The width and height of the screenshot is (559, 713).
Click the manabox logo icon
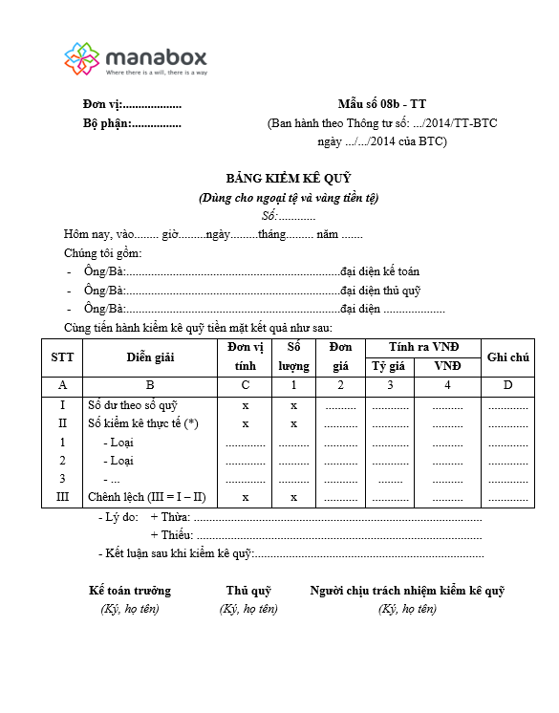coord(82,58)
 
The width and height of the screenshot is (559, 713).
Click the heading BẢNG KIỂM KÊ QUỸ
coord(289,179)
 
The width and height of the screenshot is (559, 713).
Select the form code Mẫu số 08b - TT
coord(382,104)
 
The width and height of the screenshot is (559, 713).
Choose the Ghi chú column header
coord(508,356)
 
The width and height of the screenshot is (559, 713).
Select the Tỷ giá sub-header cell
coord(389,366)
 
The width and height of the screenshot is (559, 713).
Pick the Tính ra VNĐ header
coord(424,346)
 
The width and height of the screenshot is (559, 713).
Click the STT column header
coord(61,356)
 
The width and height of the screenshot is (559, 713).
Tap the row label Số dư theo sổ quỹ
coord(133,404)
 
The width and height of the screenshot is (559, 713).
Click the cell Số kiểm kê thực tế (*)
coord(143,423)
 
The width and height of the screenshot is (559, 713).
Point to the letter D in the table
coord(507,385)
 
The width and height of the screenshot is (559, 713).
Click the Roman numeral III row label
coord(62,497)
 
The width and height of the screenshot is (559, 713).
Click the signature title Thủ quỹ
coord(248,591)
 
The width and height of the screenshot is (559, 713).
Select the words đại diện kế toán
coord(379,271)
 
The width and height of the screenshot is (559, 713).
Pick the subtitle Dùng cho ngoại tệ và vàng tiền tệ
coord(289,198)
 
